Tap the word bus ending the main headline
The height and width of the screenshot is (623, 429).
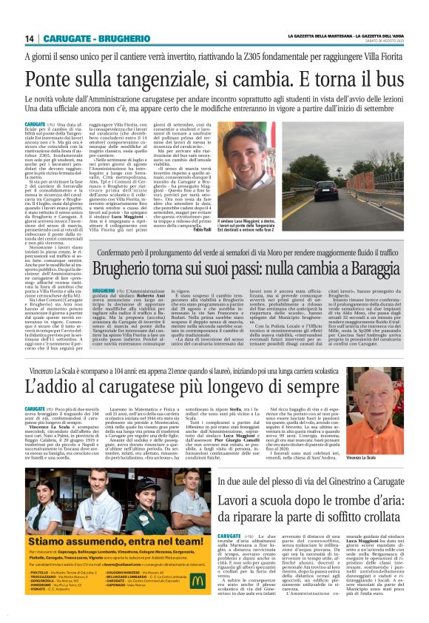384,78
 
